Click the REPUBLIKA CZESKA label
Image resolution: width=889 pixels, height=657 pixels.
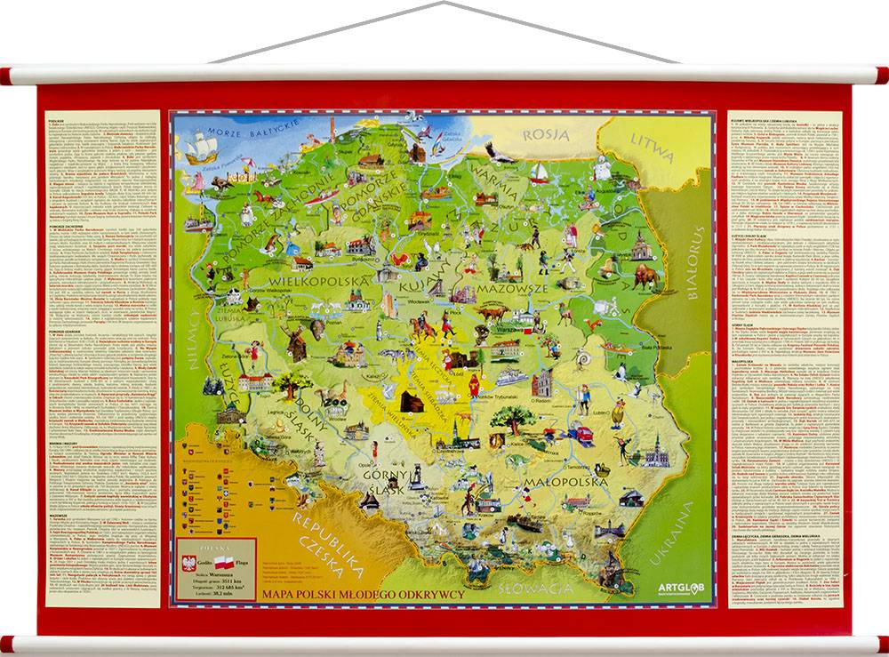click(329, 544)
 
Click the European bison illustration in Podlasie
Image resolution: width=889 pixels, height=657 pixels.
click(645, 276)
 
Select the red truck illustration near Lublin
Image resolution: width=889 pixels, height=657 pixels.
click(581, 434)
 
